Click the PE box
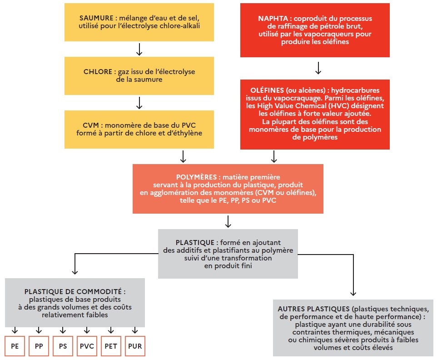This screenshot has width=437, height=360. tap(15, 346)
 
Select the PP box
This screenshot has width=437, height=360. tap(39, 346)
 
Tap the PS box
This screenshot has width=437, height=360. tap(63, 346)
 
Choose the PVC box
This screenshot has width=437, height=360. tap(87, 346)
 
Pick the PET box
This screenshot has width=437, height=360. tap(111, 346)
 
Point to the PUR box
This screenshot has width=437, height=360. tap(135, 346)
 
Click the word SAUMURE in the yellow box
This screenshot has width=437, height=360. tap(96, 18)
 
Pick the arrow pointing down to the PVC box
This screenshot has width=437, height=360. tap(87, 330)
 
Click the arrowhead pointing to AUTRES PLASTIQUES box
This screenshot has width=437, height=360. tap(353, 294)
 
